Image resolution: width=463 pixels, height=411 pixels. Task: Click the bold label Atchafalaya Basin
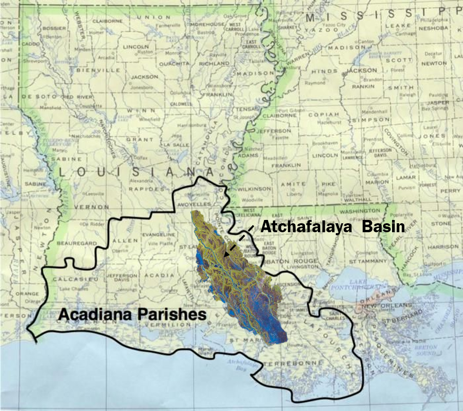point(332,227)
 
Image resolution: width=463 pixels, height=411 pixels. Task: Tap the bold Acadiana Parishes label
point(132,315)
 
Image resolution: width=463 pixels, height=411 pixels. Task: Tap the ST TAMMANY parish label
point(366,261)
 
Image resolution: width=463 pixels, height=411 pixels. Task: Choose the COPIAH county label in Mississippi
point(324,114)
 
